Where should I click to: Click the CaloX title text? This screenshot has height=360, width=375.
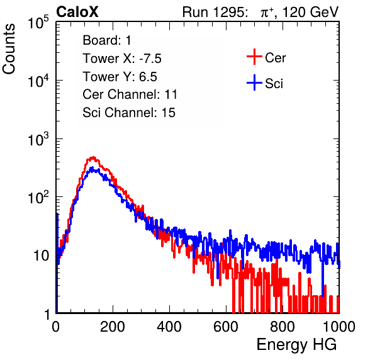click(x=77, y=12)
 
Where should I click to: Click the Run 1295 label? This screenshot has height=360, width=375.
click(x=215, y=12)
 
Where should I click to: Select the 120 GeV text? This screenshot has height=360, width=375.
click(x=310, y=12)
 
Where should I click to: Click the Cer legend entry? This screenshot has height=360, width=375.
click(x=275, y=58)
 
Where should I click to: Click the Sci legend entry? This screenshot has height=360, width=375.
click(x=274, y=84)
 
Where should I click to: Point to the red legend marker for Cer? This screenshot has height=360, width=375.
click(x=254, y=57)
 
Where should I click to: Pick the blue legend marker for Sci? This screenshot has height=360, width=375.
click(x=254, y=83)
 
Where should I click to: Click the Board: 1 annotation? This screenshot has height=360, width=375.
click(x=107, y=40)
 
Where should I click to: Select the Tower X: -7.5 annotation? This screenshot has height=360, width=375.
click(x=122, y=59)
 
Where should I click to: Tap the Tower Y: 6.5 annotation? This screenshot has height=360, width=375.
click(x=120, y=77)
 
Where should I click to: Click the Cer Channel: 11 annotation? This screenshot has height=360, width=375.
click(x=130, y=94)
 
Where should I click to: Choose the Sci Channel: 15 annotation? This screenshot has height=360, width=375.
click(x=129, y=113)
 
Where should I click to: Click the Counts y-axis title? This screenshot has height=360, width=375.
click(x=9, y=49)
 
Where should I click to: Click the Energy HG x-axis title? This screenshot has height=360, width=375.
click(x=296, y=345)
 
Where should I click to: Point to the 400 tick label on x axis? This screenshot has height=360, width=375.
click(x=169, y=327)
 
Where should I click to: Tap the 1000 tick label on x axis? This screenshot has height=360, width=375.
click(x=339, y=327)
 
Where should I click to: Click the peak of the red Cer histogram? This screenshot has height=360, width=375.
click(x=93, y=157)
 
